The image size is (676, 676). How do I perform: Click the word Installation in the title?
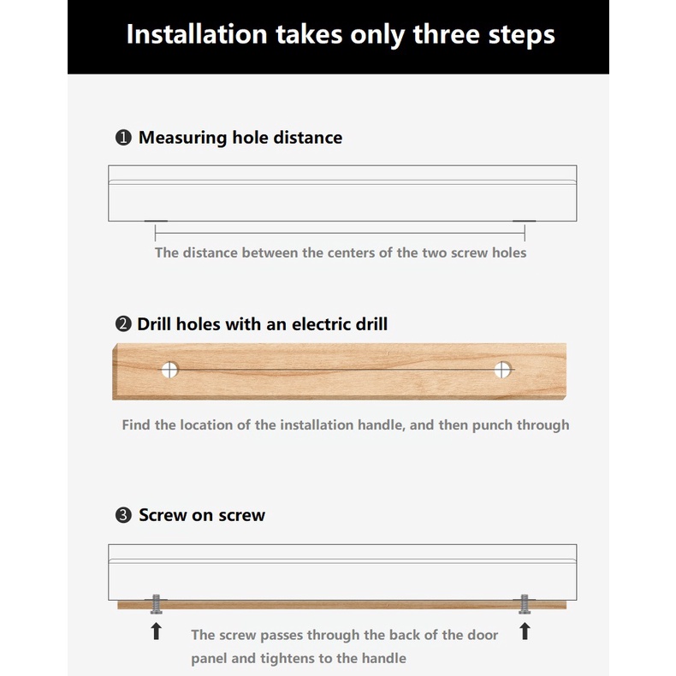(x=197, y=34)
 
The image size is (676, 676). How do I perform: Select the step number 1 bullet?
(x=123, y=138)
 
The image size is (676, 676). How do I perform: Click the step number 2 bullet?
(x=123, y=324)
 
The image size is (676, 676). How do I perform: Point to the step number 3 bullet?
(x=123, y=515)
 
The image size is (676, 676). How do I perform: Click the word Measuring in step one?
(x=182, y=138)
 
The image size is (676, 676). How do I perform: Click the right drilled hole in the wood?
(x=502, y=370)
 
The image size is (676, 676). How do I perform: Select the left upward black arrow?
(x=156, y=632)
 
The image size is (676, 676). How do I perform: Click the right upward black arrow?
(x=525, y=632)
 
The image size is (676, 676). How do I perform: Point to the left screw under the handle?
(x=156, y=604)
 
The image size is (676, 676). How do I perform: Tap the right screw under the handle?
(x=525, y=604)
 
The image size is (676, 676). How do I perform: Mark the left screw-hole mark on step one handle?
(x=156, y=221)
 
